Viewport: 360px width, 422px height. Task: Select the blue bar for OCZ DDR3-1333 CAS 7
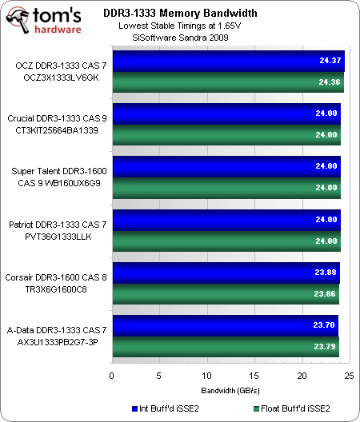[227, 60]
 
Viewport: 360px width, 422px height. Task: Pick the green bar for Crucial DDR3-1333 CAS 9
[226, 135]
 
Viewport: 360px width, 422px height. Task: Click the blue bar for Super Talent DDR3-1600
[226, 166]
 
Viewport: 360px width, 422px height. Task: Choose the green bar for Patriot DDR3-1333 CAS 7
[226, 241]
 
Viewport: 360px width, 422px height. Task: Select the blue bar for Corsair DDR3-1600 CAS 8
[226, 272]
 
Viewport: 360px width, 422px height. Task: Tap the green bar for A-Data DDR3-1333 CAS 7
[225, 346]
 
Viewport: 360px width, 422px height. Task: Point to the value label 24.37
[330, 60]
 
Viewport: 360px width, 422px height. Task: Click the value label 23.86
[326, 293]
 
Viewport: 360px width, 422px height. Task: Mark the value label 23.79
[326, 346]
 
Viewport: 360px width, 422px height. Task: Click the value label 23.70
[326, 325]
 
